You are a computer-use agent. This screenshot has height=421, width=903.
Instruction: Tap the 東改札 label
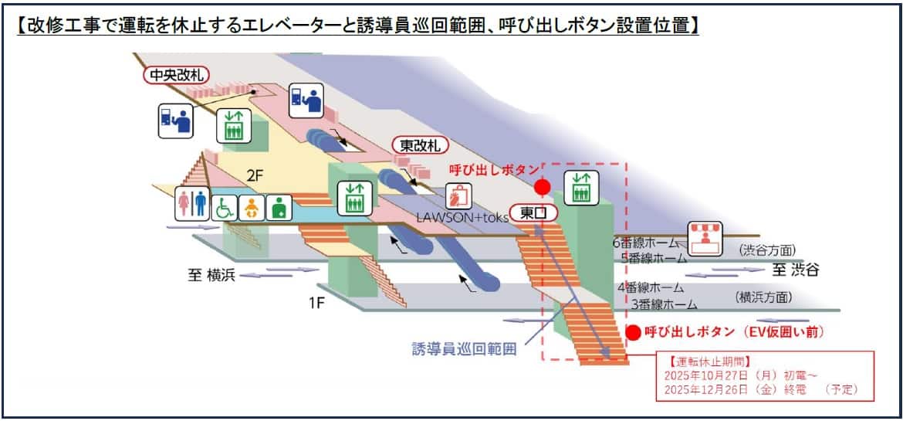click(x=417, y=145)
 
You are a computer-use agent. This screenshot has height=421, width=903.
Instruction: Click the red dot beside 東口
click(x=543, y=187)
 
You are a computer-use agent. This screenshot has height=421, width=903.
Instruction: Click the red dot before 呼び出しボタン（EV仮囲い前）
click(x=633, y=333)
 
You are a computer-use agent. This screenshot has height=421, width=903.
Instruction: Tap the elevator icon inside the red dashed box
click(x=581, y=188)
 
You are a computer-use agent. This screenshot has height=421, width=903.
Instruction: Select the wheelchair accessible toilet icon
click(x=225, y=207)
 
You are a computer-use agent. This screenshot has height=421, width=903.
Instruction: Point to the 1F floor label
click(x=316, y=303)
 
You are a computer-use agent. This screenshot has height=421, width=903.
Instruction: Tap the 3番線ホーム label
click(x=664, y=304)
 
